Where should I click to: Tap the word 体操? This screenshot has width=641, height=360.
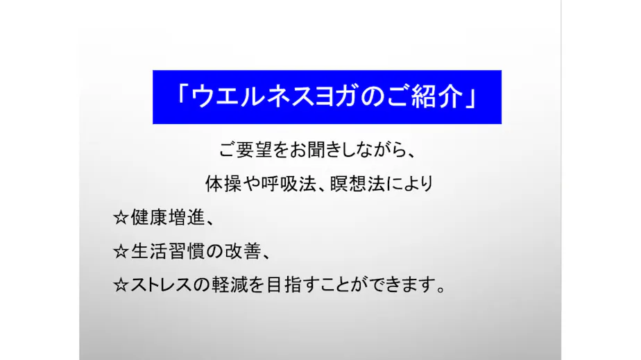point(221,184)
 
